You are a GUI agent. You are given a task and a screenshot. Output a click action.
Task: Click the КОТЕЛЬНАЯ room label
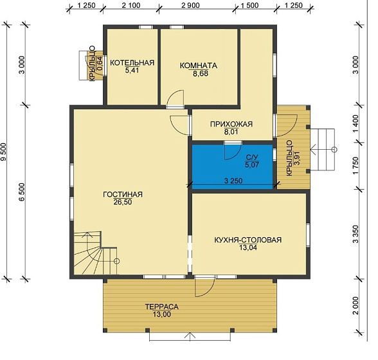[x=132, y=63]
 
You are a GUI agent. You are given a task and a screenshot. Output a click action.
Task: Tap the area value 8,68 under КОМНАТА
[x=201, y=73]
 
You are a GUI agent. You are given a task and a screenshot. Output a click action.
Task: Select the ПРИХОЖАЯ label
[x=231, y=124]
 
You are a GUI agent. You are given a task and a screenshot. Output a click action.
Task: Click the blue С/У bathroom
[x=233, y=166]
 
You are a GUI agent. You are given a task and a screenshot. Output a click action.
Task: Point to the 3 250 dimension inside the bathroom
[x=233, y=181]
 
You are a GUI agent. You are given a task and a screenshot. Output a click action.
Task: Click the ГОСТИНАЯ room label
[x=123, y=194]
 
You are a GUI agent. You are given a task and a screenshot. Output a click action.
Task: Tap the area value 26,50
[x=123, y=202]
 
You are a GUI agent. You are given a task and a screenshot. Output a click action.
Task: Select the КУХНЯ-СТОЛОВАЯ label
[x=248, y=240]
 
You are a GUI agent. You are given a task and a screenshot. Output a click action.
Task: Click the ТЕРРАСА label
[x=162, y=307]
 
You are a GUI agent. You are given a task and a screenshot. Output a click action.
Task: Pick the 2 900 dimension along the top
[x=190, y=5]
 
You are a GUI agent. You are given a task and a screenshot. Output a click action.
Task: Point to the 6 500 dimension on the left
[x=22, y=192]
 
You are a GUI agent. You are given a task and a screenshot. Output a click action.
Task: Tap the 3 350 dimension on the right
[x=355, y=234]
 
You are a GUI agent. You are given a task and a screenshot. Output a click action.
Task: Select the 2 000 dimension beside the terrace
[x=355, y=305]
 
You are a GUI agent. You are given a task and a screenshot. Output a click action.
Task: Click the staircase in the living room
[x=96, y=253]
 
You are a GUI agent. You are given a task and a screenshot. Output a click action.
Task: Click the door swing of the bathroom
[x=233, y=152]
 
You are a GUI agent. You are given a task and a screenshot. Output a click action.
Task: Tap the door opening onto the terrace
[x=205, y=286]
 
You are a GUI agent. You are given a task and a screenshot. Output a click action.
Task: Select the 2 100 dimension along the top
[x=131, y=5]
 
